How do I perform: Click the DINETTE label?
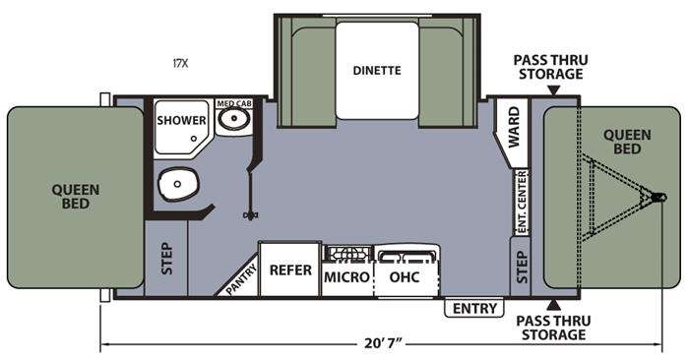pos(377,70)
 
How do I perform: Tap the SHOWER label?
pos(181,120)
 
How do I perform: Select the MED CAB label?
pos(234,103)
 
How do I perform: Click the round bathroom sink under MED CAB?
pos(234,118)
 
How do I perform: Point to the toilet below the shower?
pos(178,184)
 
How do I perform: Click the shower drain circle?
pos(194,139)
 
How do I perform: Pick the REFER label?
pos(290,270)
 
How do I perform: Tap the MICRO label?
pos(346,277)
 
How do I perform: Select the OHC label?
pos(405,277)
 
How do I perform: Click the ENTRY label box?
pos(474,308)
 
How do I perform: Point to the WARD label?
pos(514,128)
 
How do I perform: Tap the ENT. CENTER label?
pos(522,202)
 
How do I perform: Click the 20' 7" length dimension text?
pos(383,343)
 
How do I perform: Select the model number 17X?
pos(180,63)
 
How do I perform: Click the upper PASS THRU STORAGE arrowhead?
pos(554,90)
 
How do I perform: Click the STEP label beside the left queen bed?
pos(166,259)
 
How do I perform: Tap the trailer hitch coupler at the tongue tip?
pos(658,197)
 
